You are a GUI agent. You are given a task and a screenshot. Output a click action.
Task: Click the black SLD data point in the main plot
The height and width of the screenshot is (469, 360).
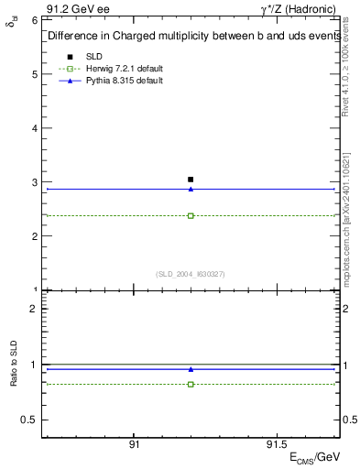(191, 180)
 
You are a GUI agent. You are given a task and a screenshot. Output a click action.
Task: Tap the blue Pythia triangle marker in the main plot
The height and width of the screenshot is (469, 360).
(191, 189)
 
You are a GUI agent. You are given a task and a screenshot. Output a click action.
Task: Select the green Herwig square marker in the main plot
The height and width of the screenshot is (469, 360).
(191, 215)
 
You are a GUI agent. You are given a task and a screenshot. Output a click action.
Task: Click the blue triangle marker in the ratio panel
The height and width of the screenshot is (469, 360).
(191, 369)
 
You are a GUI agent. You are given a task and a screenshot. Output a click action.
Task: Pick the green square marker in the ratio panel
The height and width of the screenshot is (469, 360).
(191, 384)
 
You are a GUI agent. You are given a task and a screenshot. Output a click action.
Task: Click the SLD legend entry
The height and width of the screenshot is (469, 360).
(94, 57)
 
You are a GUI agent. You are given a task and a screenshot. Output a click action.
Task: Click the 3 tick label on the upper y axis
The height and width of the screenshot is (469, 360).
(33, 182)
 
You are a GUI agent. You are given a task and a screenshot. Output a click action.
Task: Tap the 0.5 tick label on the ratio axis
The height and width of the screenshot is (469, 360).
(28, 420)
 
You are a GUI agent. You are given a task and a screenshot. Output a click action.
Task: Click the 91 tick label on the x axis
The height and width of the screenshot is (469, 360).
(134, 443)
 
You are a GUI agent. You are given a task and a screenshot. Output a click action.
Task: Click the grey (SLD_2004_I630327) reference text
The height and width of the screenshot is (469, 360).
(191, 274)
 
